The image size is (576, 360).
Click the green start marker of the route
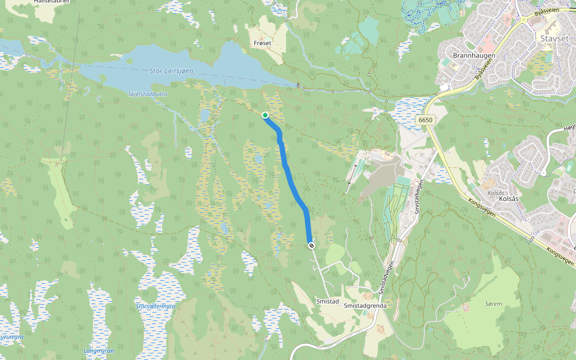[x=265, y=115]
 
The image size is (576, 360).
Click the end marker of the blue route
[x=311, y=245]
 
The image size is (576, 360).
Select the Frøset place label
[x=263, y=43]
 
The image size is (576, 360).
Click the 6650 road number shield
[x=425, y=120]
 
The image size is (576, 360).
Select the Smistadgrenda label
[x=365, y=305]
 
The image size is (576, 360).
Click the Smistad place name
[x=328, y=301]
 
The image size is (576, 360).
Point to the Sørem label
[x=493, y=304]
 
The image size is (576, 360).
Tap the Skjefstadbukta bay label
[x=148, y=94]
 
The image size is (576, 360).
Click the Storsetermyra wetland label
[x=155, y=306]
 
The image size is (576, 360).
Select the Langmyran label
[x=98, y=350]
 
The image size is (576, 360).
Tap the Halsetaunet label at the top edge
[x=52, y=2]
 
